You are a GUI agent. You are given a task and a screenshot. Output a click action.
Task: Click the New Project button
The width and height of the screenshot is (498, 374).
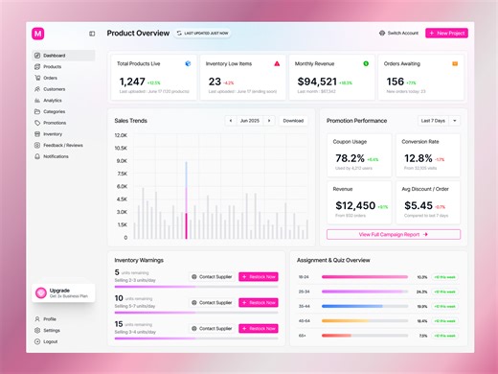pyautogui.click(x=446, y=33)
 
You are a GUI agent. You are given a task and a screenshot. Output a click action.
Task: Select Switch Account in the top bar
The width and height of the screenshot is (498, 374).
pyautogui.click(x=399, y=33)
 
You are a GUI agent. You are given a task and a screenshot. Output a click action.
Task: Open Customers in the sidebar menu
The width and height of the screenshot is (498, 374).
pyautogui.click(x=54, y=88)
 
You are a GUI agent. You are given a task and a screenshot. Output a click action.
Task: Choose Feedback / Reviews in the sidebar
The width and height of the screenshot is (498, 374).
pyautogui.click(x=62, y=145)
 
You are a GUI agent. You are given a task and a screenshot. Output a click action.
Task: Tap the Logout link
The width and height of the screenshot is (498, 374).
pyautogui.click(x=50, y=340)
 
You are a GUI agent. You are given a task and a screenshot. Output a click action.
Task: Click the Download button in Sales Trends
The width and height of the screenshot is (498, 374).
pyautogui.click(x=293, y=121)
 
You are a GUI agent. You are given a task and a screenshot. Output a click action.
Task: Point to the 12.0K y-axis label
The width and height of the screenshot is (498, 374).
pyautogui.click(x=121, y=135)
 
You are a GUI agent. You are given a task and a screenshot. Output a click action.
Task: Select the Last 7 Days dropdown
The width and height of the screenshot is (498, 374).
pyautogui.click(x=440, y=121)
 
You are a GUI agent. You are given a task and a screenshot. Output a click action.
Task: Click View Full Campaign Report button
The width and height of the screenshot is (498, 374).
pyautogui.click(x=393, y=234)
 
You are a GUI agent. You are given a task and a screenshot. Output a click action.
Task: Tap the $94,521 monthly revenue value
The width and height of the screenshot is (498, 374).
pyautogui.click(x=316, y=82)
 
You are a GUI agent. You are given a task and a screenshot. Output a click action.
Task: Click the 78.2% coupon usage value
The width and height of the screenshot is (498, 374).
pyautogui.click(x=349, y=158)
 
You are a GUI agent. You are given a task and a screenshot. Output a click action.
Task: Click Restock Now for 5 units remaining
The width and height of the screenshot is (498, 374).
pyautogui.click(x=258, y=276)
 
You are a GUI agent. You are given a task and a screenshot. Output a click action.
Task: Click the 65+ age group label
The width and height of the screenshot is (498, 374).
pyautogui.click(x=303, y=336)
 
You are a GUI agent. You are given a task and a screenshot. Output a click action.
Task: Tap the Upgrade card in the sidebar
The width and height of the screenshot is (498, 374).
pyautogui.click(x=63, y=292)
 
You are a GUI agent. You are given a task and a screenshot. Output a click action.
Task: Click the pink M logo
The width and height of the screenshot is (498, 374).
pyautogui.click(x=38, y=33)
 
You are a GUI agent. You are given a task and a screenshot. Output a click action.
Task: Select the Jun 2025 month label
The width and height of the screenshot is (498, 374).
pyautogui.click(x=250, y=121)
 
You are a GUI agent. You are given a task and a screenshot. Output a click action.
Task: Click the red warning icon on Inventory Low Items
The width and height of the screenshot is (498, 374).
pyautogui.click(x=277, y=63)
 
